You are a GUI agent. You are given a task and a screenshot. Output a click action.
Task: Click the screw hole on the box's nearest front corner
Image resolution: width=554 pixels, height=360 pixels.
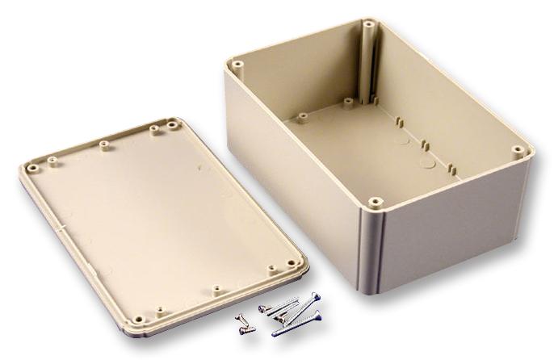374,200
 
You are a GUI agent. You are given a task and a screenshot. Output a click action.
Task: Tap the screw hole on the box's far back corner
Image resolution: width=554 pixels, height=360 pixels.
369,24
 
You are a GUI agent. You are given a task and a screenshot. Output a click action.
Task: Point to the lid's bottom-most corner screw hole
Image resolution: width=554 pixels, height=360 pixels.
136,320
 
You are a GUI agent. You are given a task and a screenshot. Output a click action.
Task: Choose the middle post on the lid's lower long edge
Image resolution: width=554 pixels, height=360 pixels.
216,287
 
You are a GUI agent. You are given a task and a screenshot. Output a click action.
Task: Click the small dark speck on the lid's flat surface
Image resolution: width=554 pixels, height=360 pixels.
199,169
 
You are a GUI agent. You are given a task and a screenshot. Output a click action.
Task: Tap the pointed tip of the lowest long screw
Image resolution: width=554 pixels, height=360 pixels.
274,333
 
